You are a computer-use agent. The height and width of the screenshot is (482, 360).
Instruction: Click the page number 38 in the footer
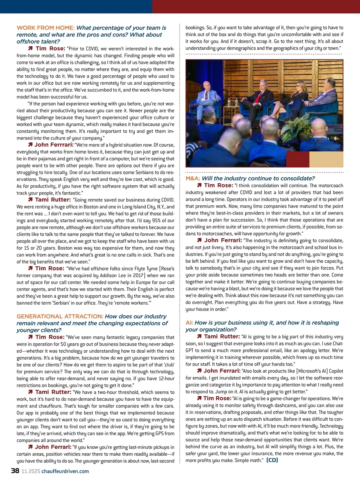pos(15,471)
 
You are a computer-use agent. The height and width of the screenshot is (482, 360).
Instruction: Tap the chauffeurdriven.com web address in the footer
pos(65,471)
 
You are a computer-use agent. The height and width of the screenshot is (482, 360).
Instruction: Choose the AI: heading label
pos(189,323)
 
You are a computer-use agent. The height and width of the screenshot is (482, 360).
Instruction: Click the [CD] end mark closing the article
pos(272,460)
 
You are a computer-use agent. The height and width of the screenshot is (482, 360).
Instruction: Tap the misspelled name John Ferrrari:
pos(54,145)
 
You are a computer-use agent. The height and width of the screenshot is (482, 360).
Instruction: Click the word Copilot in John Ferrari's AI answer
pos(336,371)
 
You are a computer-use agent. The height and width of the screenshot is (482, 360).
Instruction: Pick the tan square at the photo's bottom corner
pos(326,159)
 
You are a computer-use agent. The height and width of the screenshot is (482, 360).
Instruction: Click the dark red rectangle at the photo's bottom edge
pos(297,159)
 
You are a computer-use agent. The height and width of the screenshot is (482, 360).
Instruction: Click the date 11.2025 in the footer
pos(31,471)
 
